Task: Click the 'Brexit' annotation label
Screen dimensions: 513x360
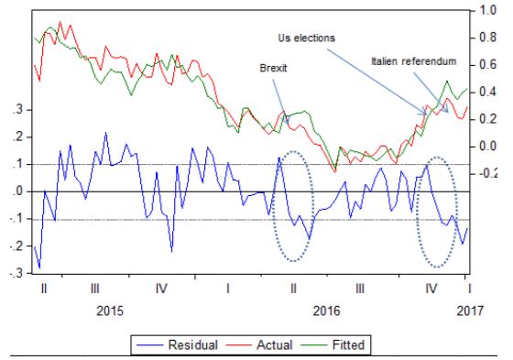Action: pyautogui.click(x=273, y=68)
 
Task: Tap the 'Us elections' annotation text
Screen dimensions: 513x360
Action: pyautogui.click(x=307, y=38)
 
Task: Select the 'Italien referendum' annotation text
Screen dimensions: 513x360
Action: pyautogui.click(x=413, y=61)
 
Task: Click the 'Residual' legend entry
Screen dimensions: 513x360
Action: pyautogui.click(x=177, y=345)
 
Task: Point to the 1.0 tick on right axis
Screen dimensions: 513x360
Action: pyautogui.click(x=487, y=10)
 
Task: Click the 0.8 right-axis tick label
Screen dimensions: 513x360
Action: pyautogui.click(x=487, y=38)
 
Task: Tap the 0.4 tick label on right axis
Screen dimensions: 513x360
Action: pyautogui.click(x=487, y=92)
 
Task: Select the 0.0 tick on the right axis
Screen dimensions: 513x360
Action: pyautogui.click(x=487, y=146)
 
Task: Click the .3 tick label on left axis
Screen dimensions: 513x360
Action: pyautogui.click(x=18, y=109)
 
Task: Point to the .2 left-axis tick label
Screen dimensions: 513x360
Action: pyautogui.click(x=18, y=136)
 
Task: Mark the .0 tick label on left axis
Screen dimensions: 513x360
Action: pyautogui.click(x=18, y=191)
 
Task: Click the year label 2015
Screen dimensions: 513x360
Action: pyautogui.click(x=110, y=311)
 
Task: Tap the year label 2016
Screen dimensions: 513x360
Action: pyautogui.click(x=326, y=311)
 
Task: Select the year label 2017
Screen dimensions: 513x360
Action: pyautogui.click(x=470, y=311)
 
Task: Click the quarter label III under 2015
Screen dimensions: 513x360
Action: pyautogui.click(x=95, y=289)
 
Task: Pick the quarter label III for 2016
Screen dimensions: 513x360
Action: pyautogui.click(x=360, y=289)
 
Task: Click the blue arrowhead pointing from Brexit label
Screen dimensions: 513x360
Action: pyautogui.click(x=287, y=121)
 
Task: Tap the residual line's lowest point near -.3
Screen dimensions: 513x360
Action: pyautogui.click(x=39, y=268)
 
